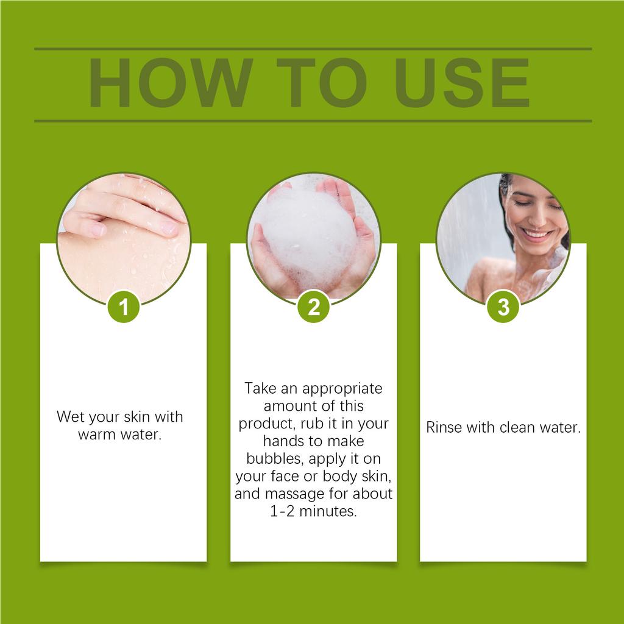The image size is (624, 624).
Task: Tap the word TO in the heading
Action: (321, 84)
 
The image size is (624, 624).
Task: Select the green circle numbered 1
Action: (124, 307)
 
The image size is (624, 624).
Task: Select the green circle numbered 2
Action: (313, 307)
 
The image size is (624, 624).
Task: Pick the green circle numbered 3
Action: (503, 307)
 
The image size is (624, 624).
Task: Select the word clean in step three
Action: (518, 427)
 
